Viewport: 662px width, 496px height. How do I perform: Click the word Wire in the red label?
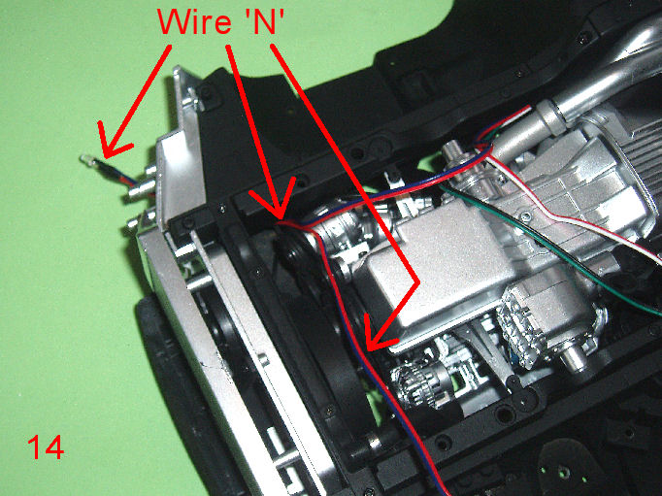tap(193, 21)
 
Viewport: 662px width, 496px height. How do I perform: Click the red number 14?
tap(46, 447)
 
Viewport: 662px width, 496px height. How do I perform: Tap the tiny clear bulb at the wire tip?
tap(84, 159)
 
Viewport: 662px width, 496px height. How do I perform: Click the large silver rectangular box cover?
tap(439, 270)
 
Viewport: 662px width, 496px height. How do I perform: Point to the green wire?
tap(548, 249)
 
